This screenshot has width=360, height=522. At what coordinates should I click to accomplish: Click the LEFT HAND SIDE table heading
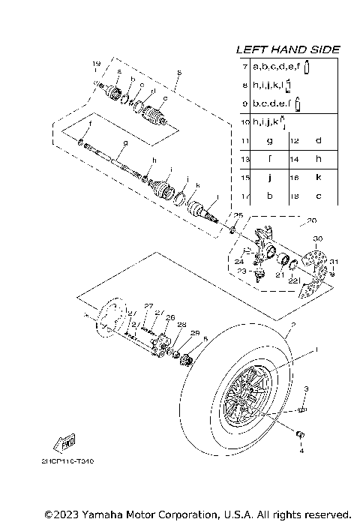point(288,49)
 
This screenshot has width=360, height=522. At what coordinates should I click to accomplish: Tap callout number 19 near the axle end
point(96,62)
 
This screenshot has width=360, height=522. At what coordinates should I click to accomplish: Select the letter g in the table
point(268,140)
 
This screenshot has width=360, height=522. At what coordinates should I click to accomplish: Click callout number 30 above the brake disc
point(318,238)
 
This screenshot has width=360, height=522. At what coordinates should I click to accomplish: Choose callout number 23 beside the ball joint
point(241,271)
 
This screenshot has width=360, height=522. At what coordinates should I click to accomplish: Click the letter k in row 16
point(317,178)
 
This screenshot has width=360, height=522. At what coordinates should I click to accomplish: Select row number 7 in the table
point(245,67)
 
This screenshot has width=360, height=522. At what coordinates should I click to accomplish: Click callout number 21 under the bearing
point(280,275)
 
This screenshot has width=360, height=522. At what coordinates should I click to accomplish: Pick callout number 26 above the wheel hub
point(169,317)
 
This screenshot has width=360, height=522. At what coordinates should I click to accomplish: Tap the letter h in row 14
point(317,159)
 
